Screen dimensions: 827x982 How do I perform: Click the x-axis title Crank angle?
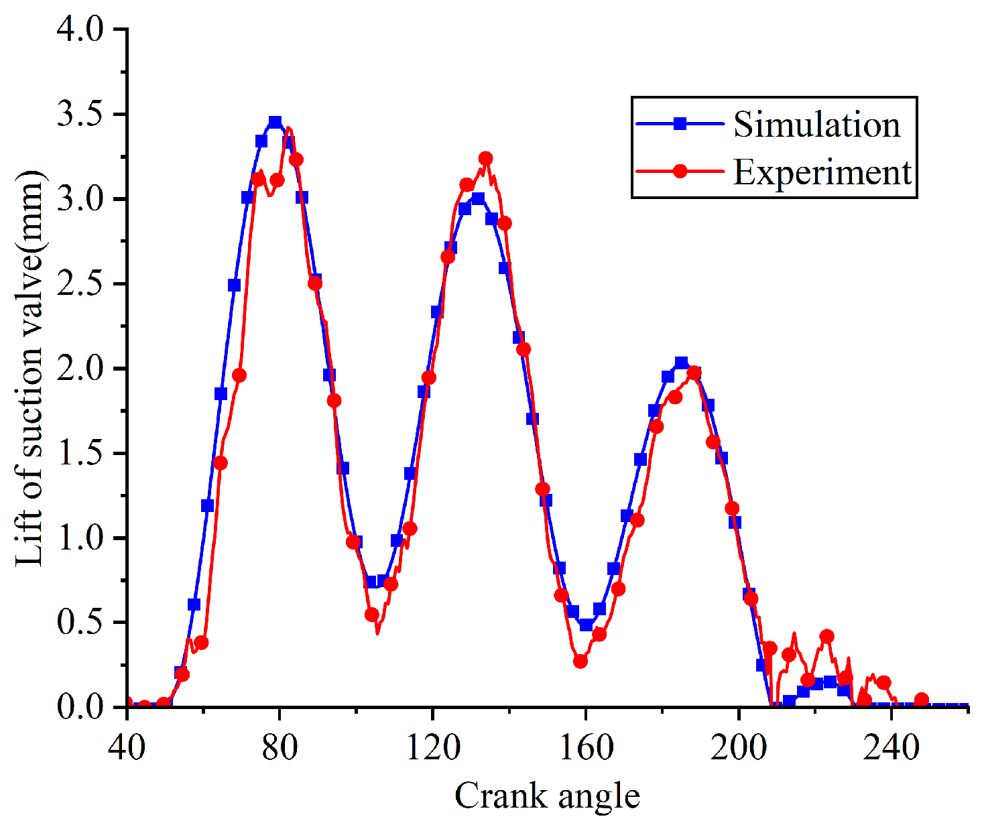click(x=547, y=796)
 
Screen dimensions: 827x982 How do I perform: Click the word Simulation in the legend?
click(x=816, y=125)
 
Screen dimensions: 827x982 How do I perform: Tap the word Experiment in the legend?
click(x=822, y=172)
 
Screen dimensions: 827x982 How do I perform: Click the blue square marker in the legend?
click(x=680, y=123)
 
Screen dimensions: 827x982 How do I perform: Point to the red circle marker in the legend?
click(x=680, y=172)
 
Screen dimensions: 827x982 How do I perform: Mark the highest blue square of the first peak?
click(x=275, y=122)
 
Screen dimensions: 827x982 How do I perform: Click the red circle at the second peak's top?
click(x=486, y=159)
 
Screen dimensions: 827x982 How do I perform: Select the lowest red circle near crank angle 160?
click(x=580, y=661)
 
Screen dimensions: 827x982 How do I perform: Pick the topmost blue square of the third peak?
click(x=681, y=363)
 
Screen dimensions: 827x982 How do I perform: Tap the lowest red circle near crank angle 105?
click(x=372, y=615)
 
